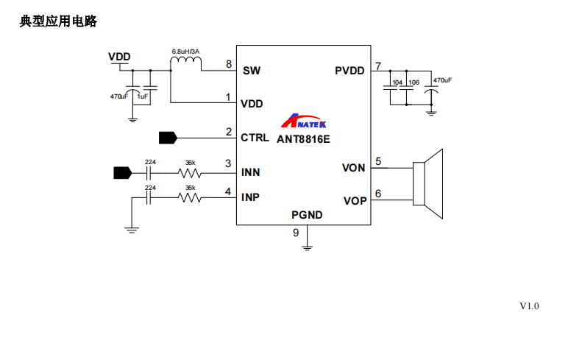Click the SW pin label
click(251, 71)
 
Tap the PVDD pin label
click(349, 71)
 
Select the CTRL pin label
click(255, 137)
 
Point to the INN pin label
click(250, 173)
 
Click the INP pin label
click(250, 198)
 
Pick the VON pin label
click(353, 168)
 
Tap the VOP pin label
click(353, 200)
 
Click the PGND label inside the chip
click(307, 216)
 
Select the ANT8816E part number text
click(304, 138)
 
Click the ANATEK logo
click(304, 122)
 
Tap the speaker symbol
click(428, 184)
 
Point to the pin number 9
click(296, 233)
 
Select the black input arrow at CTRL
click(168, 137)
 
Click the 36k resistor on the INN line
click(190, 174)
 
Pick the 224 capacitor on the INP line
click(150, 197)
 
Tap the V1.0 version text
click(529, 306)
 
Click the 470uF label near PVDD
click(442, 80)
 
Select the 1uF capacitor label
click(142, 96)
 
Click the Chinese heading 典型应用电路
click(58, 22)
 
